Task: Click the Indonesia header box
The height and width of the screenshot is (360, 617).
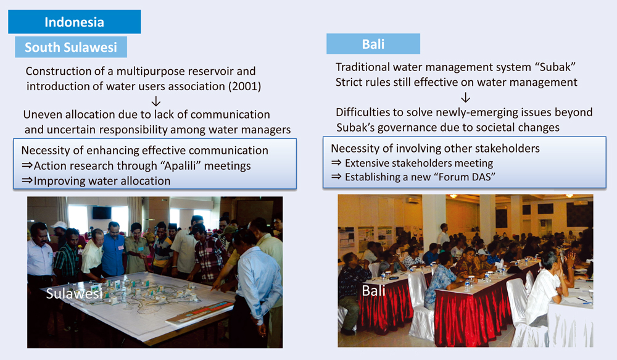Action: (75, 22)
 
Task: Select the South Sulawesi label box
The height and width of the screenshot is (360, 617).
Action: (71, 48)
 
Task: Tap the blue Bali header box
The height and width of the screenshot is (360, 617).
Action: (373, 44)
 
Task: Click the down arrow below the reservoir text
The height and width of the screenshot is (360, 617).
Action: (156, 101)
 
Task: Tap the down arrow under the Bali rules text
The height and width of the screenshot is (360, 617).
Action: (465, 98)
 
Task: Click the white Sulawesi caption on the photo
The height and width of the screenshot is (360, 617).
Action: (74, 293)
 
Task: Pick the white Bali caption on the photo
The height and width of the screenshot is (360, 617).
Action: (373, 291)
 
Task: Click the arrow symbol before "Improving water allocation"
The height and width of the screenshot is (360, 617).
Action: (27, 181)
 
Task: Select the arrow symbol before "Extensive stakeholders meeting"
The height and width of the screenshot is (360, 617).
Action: (336, 162)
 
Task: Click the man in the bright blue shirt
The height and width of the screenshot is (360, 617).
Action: (113, 250)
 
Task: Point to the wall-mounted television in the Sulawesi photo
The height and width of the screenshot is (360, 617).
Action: (102, 212)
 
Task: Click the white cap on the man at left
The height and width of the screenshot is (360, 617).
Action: (59, 225)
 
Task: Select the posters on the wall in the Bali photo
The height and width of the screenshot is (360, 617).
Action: (365, 238)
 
